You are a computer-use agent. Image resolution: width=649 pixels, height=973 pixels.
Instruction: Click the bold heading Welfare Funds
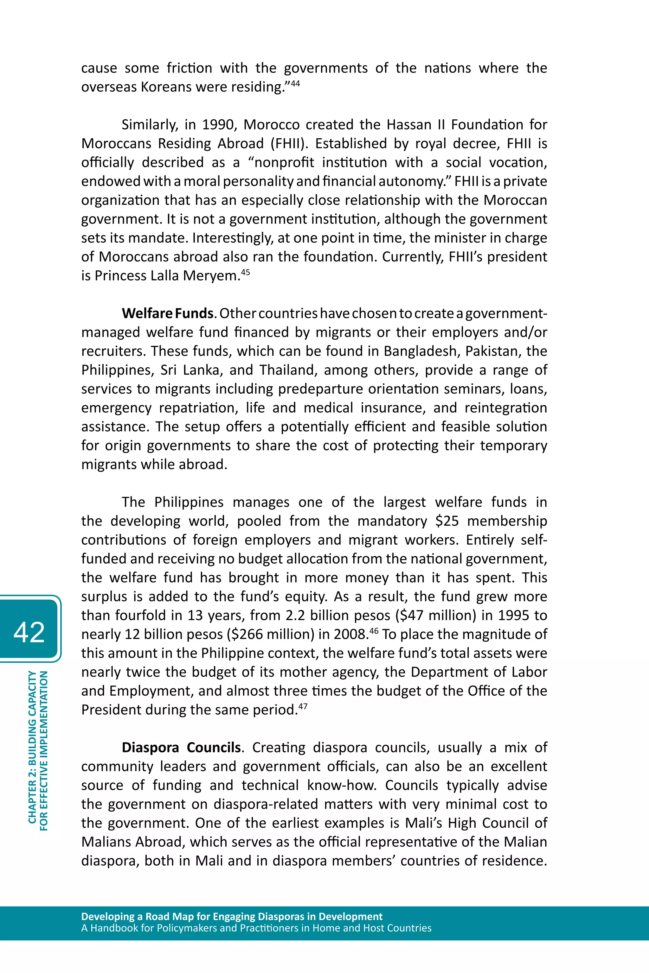pos(168,313)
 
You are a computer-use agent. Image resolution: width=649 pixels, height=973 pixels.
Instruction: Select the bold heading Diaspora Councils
pos(181,748)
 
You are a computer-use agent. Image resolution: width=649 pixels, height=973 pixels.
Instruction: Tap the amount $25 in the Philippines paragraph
pos(447,521)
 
